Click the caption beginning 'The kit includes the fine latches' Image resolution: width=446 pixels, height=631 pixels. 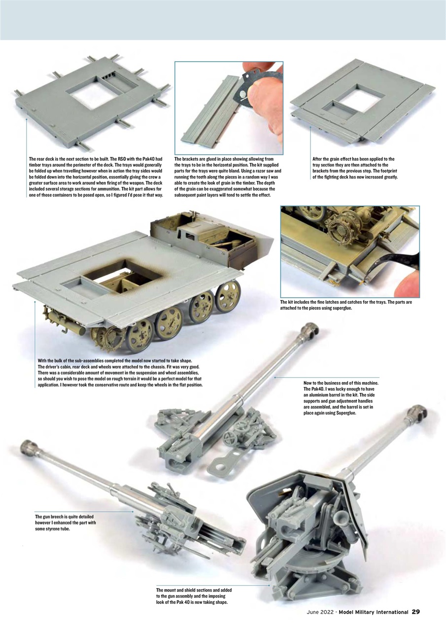[x=345, y=305]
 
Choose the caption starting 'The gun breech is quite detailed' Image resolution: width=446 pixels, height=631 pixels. [x=66, y=523]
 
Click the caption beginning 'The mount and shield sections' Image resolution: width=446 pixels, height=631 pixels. [x=194, y=596]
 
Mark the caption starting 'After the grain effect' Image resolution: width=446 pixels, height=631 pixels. [x=355, y=168]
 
